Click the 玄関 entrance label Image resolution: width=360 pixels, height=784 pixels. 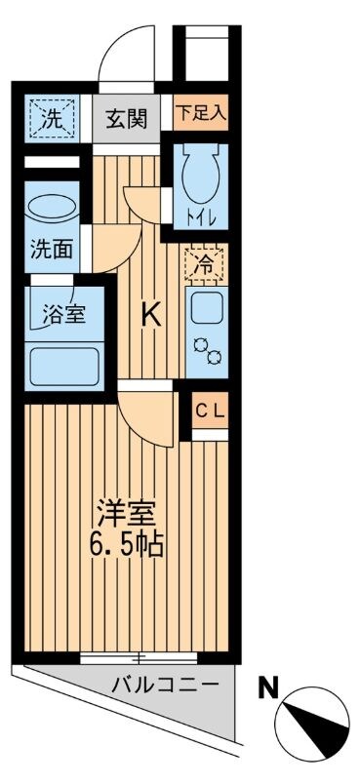point(127,120)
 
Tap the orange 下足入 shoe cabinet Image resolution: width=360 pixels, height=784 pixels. point(201,111)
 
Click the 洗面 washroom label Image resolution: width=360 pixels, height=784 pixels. point(51,250)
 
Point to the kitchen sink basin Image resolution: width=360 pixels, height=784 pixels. point(206,311)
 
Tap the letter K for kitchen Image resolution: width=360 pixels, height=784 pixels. point(150,314)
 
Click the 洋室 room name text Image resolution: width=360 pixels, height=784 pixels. point(126,512)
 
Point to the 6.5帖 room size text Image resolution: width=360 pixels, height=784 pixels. point(127,542)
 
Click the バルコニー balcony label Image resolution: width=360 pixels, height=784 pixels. point(164,686)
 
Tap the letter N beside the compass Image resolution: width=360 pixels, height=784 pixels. point(265,688)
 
